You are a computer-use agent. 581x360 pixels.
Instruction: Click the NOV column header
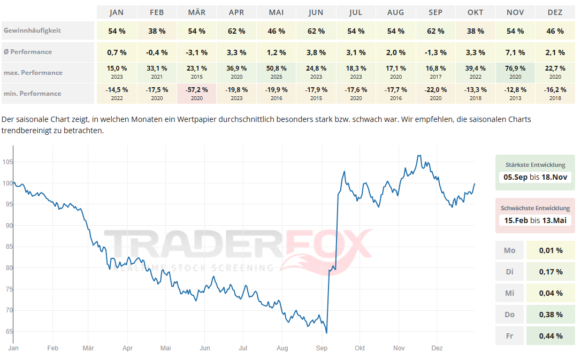515,12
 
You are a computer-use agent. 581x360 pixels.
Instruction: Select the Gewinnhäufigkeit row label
32,30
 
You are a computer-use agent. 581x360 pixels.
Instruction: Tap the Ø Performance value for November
515,52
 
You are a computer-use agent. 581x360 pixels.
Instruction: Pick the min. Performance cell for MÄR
196,93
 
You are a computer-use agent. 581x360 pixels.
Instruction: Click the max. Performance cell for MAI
276,72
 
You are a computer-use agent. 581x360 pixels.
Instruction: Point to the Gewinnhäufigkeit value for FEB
157,31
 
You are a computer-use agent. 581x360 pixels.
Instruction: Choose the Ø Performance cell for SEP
435,52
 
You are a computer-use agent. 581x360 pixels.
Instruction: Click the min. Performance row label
32,94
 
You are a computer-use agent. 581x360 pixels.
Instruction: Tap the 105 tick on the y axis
7,162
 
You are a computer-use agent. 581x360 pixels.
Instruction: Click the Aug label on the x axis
282,348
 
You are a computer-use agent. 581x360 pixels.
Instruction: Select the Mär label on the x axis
88,348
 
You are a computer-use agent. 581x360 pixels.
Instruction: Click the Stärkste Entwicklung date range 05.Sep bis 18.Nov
535,177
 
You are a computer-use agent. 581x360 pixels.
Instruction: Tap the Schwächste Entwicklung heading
535,208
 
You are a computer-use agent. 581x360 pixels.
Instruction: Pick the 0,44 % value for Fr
551,336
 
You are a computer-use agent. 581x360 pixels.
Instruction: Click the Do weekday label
509,315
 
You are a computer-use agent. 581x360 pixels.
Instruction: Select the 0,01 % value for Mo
551,250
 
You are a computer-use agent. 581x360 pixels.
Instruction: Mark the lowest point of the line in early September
326,333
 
